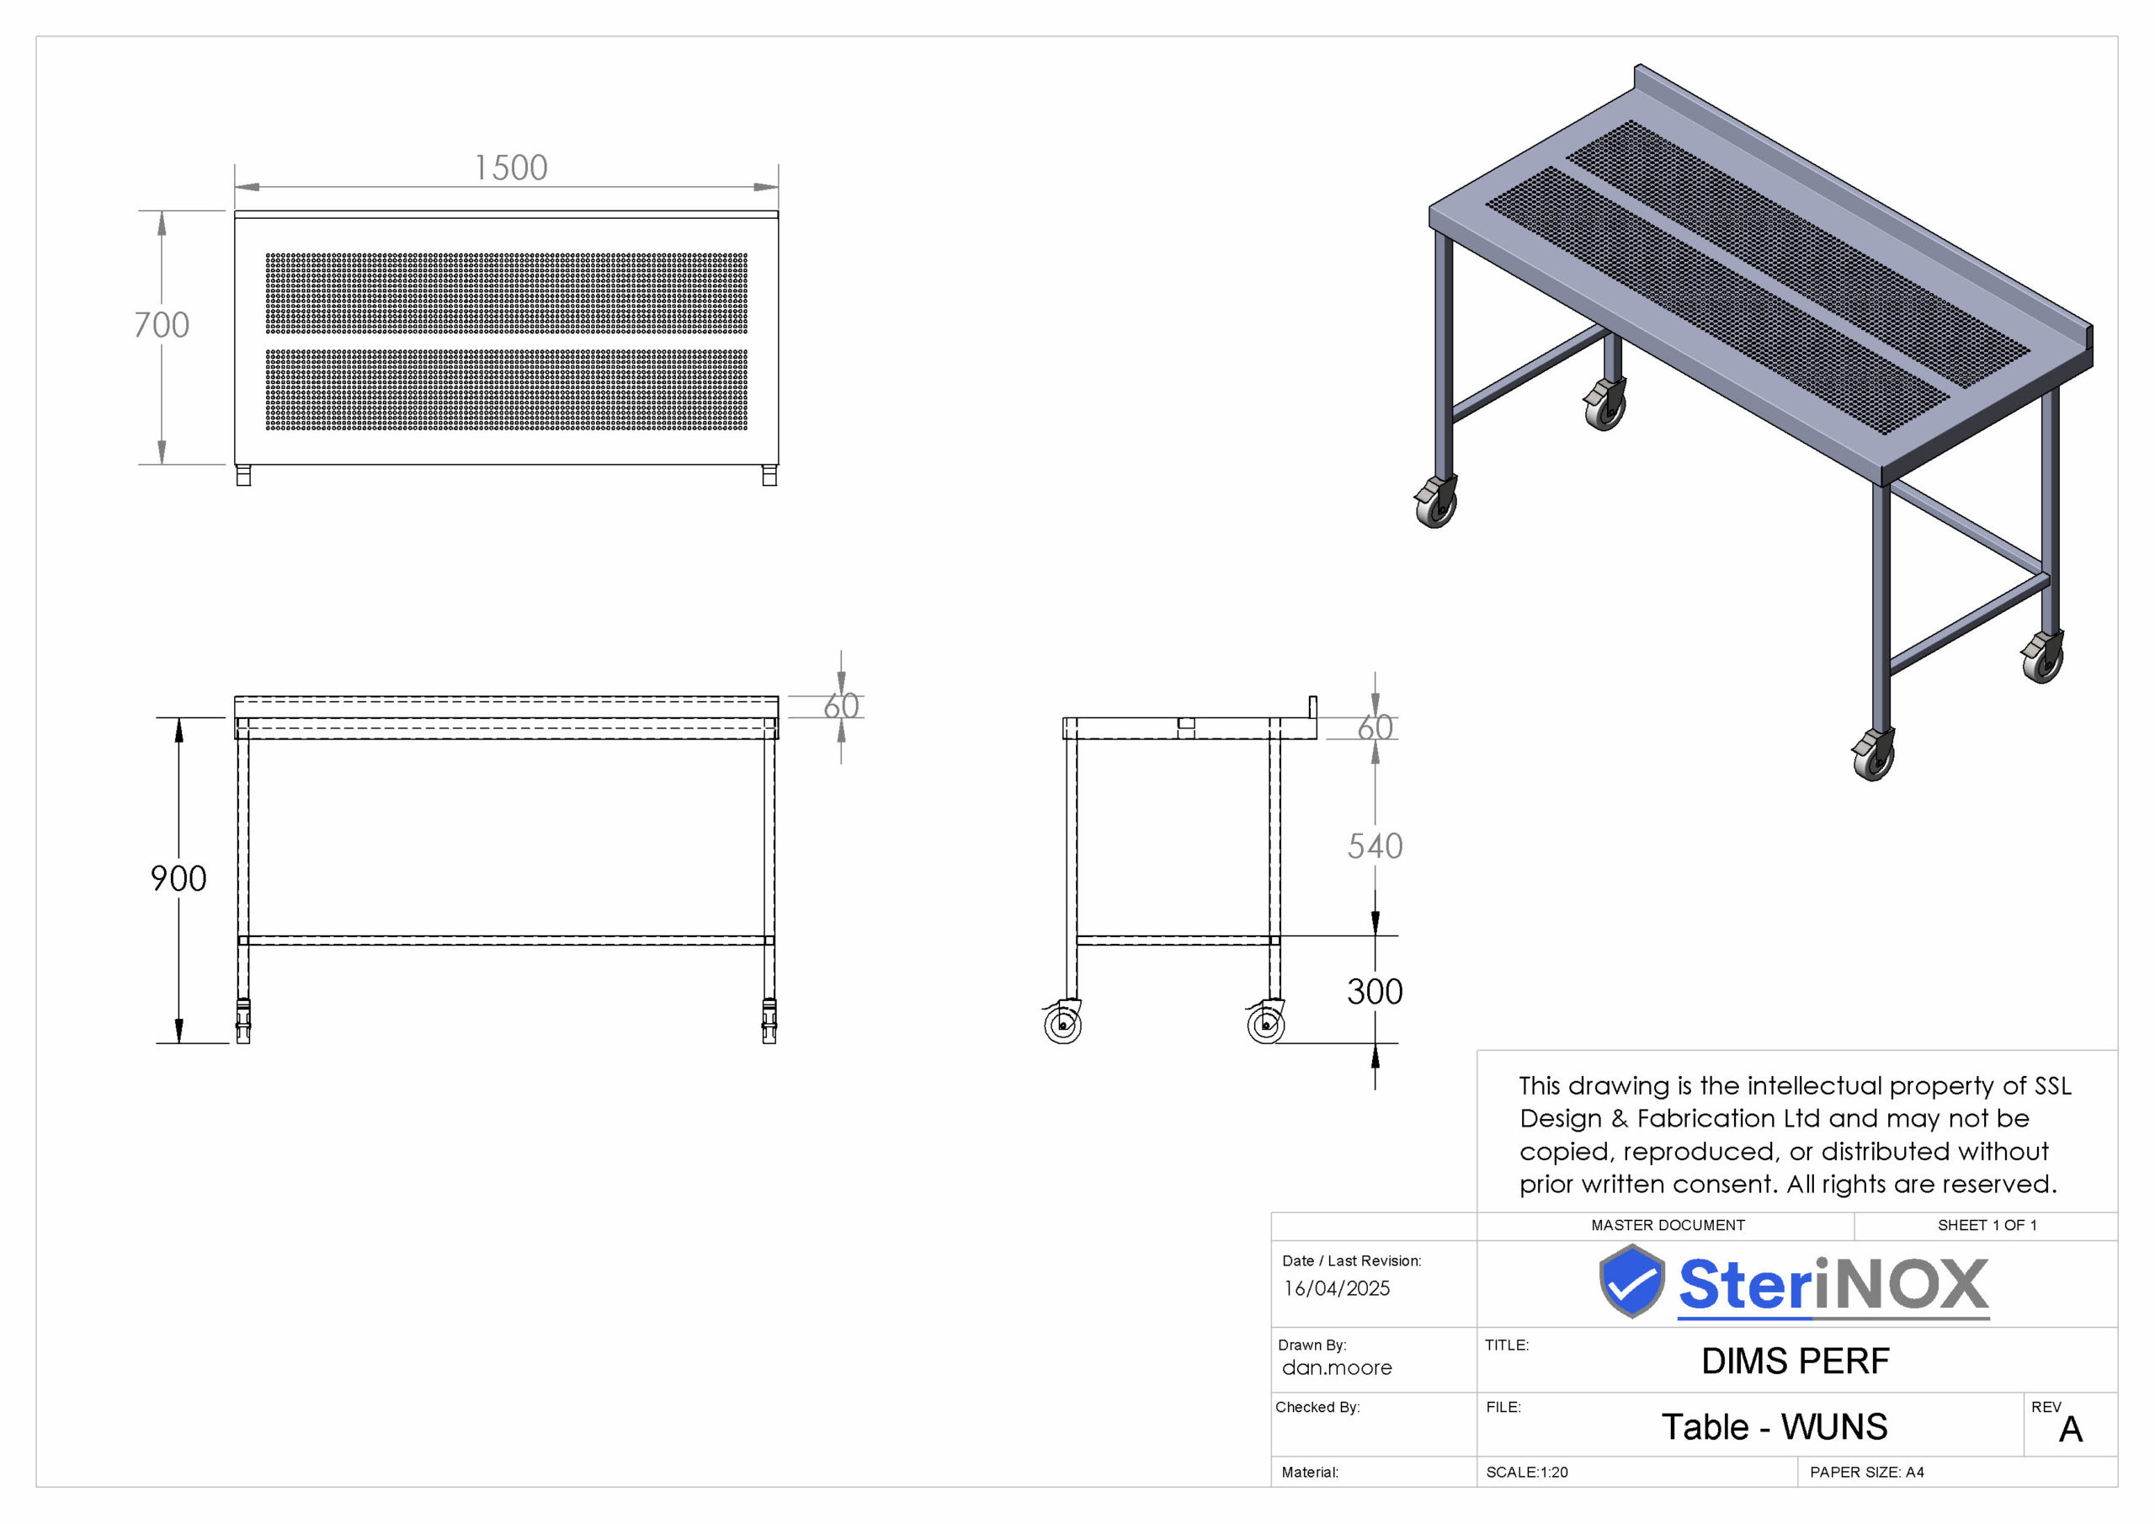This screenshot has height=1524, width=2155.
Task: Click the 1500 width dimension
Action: coord(511,168)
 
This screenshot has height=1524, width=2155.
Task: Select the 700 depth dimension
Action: coord(162,325)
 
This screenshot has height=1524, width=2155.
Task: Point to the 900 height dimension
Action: coord(178,879)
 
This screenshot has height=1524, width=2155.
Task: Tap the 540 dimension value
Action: coord(1375,846)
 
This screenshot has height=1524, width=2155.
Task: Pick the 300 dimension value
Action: coord(1375,992)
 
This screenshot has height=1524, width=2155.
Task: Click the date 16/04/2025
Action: coord(1337,1288)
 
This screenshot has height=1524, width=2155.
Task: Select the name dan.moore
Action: coord(1337,1368)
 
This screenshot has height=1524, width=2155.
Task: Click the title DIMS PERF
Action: coord(1796,1361)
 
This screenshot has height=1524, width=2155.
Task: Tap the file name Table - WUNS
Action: coord(1775,1426)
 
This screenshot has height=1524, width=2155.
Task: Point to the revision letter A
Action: coord(2072,1430)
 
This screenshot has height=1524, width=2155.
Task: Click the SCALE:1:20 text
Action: coord(1527,1473)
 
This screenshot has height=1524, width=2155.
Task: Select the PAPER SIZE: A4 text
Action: coord(1867,1473)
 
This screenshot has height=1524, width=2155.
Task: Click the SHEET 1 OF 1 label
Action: coord(1987,1225)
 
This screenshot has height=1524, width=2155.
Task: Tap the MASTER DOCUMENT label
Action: coord(1668,1225)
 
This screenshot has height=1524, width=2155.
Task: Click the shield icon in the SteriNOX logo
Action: coord(1632,1281)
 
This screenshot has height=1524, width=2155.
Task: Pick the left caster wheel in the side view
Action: coord(1062,1022)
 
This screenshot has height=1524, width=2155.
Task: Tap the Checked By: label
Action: coord(1317,1407)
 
